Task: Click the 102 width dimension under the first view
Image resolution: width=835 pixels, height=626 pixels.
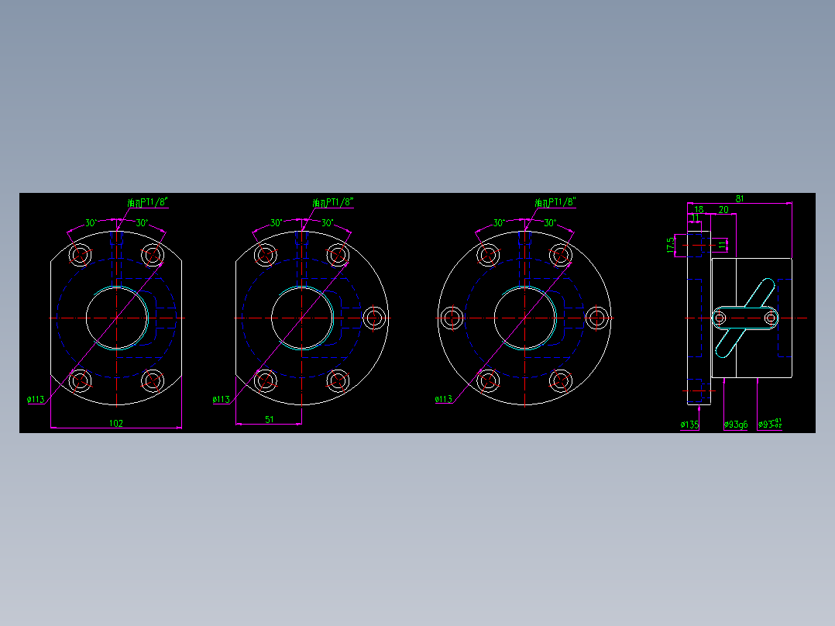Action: point(116,423)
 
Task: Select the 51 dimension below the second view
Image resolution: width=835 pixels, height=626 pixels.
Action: point(269,419)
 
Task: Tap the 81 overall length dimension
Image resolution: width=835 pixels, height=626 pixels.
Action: point(740,199)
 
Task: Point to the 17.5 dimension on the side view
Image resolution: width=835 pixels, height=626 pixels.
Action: point(671,246)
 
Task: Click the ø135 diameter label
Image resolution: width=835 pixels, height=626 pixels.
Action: point(689,425)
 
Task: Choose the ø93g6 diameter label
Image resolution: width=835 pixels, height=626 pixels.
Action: point(736,425)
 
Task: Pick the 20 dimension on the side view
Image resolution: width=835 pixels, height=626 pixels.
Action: point(723,210)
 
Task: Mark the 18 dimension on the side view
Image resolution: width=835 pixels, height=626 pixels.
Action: point(699,210)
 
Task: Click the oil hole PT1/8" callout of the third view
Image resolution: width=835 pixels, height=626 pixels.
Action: point(555,202)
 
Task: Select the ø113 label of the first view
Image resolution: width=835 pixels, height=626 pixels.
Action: point(36,400)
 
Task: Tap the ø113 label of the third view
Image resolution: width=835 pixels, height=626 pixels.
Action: point(443,400)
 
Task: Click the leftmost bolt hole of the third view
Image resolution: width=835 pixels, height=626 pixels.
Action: point(451,318)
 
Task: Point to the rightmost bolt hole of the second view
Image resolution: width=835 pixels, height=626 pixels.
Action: point(375,318)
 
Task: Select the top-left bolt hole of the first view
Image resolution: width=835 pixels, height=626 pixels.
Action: point(80,254)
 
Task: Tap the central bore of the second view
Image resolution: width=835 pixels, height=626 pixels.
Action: point(302,318)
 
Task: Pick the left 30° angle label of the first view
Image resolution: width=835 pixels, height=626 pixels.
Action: point(91,223)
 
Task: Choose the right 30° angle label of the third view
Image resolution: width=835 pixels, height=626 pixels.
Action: point(549,223)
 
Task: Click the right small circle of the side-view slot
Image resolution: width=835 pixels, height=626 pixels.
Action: point(770,318)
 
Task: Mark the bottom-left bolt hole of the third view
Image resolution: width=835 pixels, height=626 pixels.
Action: point(488,380)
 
